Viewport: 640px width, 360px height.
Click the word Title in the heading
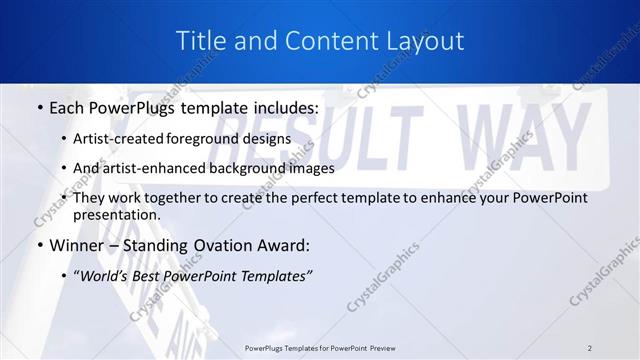pos(200,41)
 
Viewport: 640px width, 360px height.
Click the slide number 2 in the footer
pos(590,347)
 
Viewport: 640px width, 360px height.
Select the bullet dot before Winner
pos(39,245)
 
